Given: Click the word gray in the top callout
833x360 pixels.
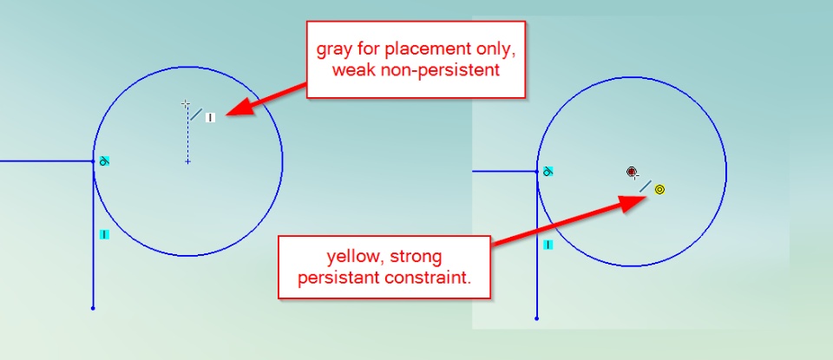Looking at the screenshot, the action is point(333,50).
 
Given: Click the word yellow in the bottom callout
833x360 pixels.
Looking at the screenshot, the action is point(356,258).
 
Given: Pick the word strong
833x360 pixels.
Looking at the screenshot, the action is point(416,258).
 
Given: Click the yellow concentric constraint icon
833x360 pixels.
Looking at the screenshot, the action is point(659,190).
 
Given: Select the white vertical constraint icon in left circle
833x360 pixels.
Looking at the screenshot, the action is point(210,117).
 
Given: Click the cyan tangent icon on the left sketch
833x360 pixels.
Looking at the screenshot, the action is point(105,160).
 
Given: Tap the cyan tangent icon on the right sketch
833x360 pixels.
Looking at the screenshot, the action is point(548,172).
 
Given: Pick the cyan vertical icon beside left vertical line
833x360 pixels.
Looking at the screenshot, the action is point(104,234).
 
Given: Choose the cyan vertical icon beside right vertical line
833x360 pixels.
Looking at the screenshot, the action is point(548,245).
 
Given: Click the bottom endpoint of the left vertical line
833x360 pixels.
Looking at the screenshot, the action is point(93,308).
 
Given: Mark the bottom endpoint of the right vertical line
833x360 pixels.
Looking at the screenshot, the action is point(536,318).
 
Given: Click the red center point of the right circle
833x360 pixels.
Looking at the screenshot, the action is point(631,172).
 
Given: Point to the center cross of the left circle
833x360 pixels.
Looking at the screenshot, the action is point(187,161).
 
